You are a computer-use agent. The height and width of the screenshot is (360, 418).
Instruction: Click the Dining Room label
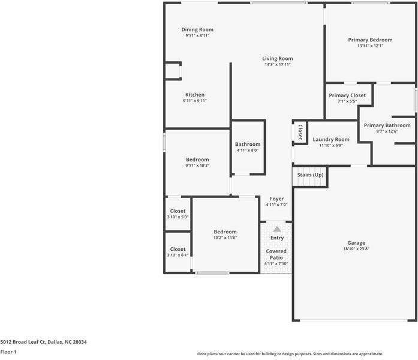coord(197,29)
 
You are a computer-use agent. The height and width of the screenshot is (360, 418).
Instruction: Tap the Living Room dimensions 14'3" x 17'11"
coord(277,64)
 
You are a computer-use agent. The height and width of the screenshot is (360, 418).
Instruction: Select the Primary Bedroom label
coord(370,40)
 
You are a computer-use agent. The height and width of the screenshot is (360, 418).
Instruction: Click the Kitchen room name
coord(195,95)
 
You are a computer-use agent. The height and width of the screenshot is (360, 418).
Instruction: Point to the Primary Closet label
coord(347,95)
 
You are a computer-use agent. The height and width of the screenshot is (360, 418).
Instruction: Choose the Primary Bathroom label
coord(387,125)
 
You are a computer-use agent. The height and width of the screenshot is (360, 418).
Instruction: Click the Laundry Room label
coord(330,139)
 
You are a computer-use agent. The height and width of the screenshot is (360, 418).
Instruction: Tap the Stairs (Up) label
coord(310,175)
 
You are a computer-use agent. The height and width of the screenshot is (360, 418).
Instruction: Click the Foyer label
coord(276,199)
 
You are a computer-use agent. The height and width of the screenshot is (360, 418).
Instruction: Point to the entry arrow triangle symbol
coord(276,229)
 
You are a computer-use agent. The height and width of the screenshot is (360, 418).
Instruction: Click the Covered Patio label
coord(276,254)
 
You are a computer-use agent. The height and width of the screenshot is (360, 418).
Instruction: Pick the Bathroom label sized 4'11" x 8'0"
coord(248,144)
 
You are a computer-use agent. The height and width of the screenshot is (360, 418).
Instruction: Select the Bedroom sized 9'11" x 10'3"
coord(197,159)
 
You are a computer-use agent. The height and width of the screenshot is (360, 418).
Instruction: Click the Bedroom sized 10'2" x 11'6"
coord(225,232)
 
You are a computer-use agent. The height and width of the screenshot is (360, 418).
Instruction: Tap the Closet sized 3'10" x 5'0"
coord(178,211)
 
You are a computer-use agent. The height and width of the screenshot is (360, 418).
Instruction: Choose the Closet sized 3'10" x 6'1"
coord(178,249)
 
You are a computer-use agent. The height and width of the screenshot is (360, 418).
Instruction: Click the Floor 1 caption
coord(8,352)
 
